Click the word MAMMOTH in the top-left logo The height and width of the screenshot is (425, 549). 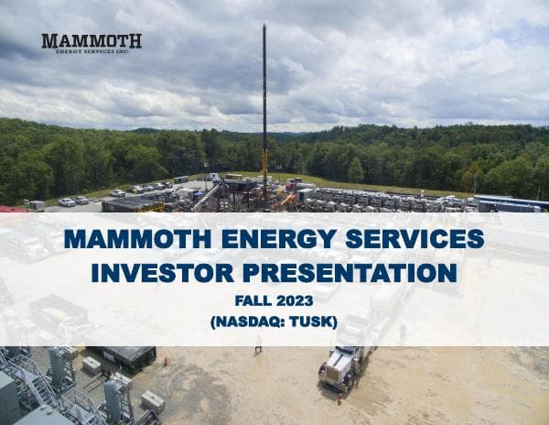(91, 40)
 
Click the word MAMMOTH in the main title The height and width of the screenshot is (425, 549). (140, 240)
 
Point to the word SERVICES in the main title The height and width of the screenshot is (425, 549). (419, 240)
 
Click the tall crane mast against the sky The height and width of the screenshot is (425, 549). (265, 110)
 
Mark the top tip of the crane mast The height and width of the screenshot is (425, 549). (265, 27)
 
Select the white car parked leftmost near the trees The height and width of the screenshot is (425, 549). (66, 202)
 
